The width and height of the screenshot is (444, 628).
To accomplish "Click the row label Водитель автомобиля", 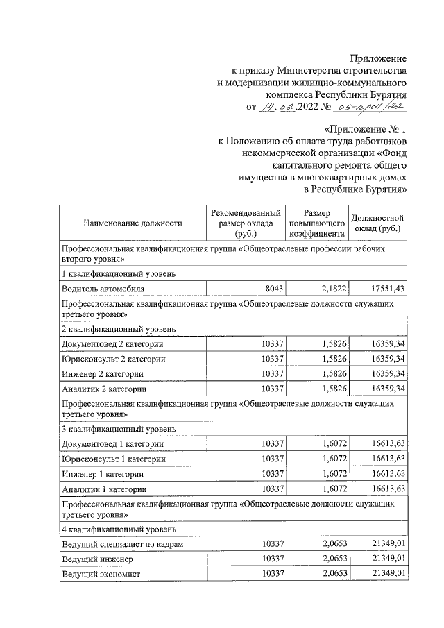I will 103,288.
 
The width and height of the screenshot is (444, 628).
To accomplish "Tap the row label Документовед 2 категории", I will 112,344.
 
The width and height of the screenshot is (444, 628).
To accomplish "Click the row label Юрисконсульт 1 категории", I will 114,459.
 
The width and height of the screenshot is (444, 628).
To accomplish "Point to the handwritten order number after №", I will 369,107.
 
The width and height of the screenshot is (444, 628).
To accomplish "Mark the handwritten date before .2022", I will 279,107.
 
